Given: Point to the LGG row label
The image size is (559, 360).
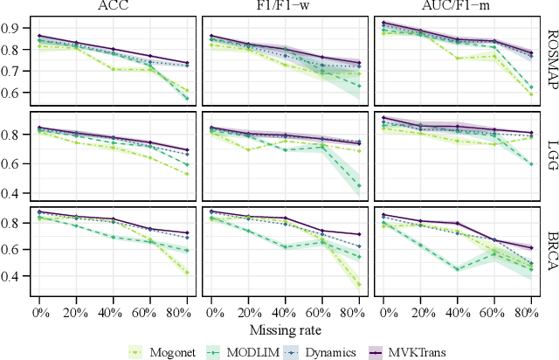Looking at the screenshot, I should coord(551,156).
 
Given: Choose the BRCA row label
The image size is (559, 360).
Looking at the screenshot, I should coord(551,252).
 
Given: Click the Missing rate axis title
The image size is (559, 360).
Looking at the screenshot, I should coord(286,329).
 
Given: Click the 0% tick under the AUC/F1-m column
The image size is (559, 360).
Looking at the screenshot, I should coord(383,311).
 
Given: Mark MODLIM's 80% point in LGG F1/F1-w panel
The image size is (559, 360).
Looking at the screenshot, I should coord(359,186).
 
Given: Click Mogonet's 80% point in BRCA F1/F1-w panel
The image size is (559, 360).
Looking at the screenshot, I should coord(359,284).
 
